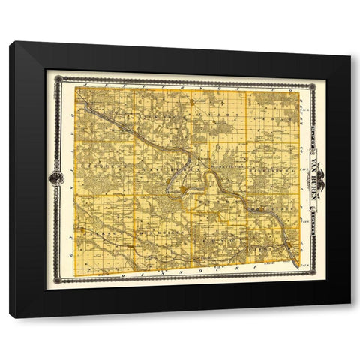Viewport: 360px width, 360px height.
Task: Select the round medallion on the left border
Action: click(x=55, y=178)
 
